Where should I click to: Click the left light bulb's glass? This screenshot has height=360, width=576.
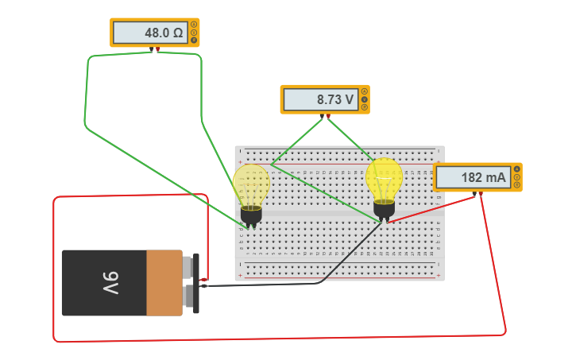(251, 184)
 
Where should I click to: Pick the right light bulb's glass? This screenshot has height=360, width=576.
(384, 178)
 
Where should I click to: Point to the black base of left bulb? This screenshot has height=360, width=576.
(251, 214)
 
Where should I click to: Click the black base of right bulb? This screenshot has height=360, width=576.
(385, 209)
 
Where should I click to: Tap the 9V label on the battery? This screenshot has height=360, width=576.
(110, 283)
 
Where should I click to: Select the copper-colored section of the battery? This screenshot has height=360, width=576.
(164, 283)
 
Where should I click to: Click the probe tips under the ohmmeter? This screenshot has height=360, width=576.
(155, 49)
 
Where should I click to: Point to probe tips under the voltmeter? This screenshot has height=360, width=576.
(325, 116)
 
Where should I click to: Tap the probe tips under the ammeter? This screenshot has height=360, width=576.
(477, 193)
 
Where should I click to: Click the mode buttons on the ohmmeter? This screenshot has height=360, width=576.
(194, 33)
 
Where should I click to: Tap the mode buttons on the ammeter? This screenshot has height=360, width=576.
(517, 177)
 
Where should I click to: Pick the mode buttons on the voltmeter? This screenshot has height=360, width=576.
(365, 99)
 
